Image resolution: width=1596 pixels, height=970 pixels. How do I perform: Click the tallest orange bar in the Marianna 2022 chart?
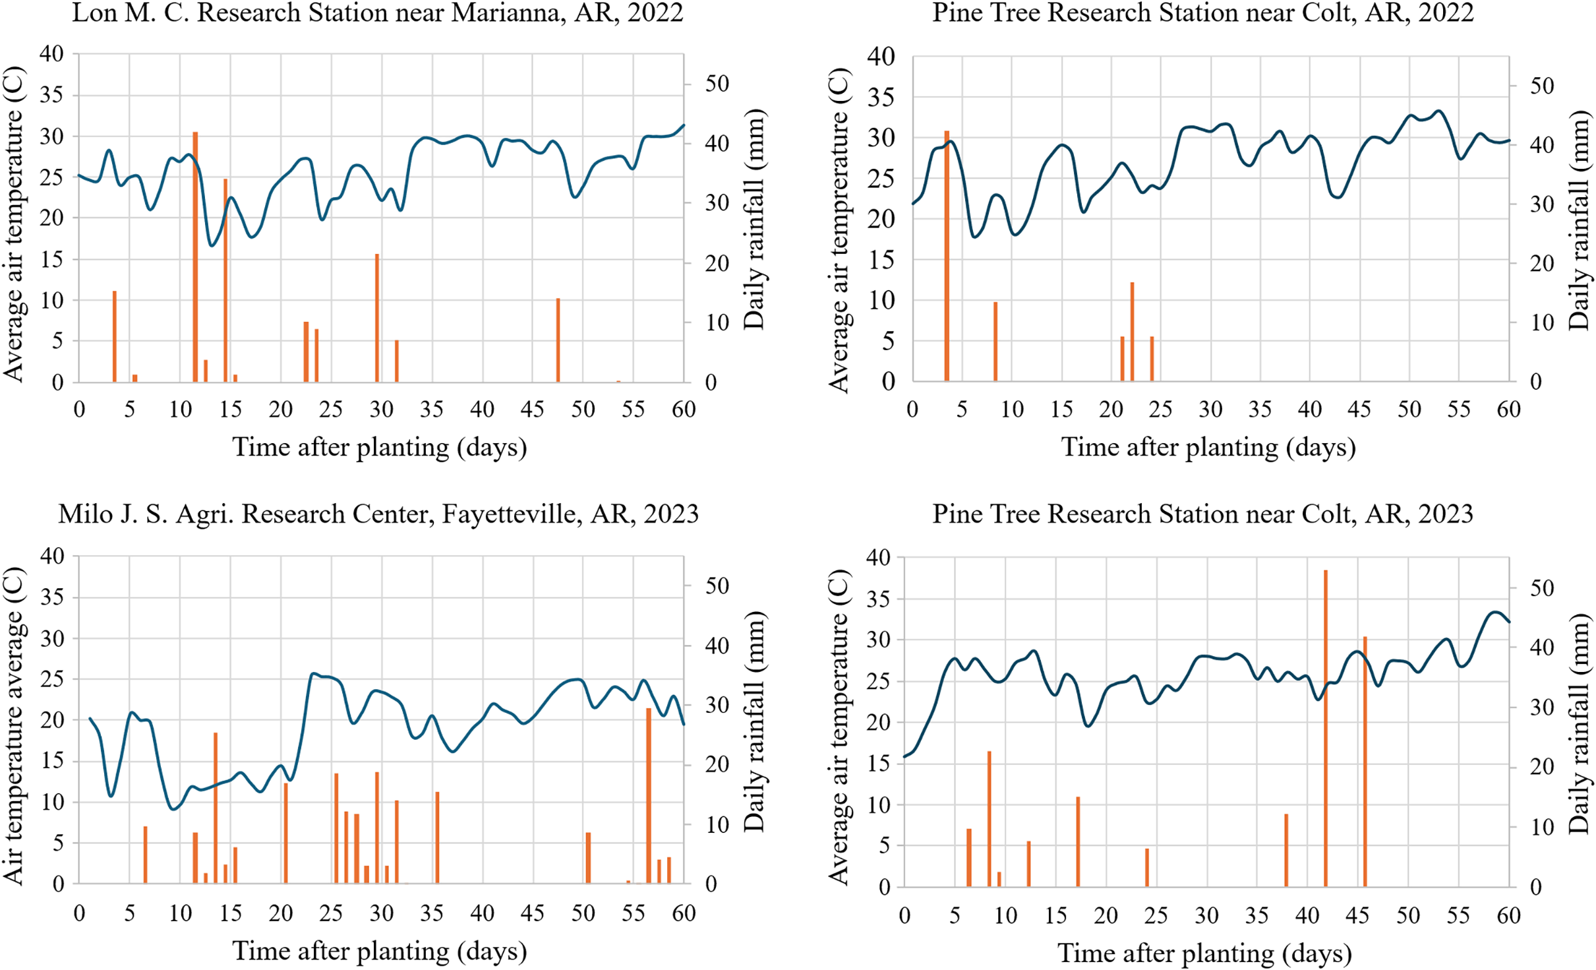coord(195,257)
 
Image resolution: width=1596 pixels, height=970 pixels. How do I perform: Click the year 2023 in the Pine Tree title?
coord(1445,514)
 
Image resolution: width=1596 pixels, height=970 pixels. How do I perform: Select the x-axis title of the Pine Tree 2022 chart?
coord(1208,447)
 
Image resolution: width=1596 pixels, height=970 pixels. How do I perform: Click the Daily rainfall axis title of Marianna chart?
coord(754,220)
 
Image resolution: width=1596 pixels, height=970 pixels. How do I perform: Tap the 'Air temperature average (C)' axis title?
coord(15,725)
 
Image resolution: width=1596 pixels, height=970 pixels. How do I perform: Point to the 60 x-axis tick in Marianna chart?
coord(684,409)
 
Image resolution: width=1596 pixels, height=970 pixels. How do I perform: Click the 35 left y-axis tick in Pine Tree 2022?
coord(882,97)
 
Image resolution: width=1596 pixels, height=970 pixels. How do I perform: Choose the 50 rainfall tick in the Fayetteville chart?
coord(717,586)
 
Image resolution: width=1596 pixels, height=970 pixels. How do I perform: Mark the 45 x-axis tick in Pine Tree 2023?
coord(1357,915)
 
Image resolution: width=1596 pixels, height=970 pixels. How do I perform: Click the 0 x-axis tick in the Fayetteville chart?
coord(79,913)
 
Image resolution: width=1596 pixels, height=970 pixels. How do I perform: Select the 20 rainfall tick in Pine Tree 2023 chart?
coord(1542,767)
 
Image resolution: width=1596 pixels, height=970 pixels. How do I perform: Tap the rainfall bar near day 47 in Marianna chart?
coord(558,340)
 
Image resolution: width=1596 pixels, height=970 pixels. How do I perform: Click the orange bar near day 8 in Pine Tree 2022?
coord(995,342)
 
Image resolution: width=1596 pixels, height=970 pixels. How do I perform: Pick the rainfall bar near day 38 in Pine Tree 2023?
coord(1286,851)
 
